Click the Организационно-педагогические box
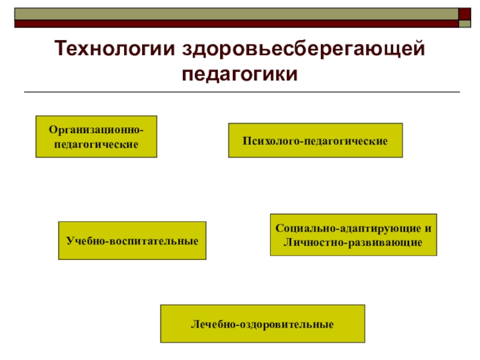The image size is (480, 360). [96, 137]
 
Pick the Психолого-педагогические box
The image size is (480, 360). [315, 140]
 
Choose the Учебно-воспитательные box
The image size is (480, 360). [132, 241]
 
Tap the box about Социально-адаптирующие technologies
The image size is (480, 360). [353, 235]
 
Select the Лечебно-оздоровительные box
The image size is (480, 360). [262, 324]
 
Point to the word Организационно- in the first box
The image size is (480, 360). [96, 130]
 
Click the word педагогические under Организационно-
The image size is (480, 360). [96, 145]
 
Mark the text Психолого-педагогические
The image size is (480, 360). [315, 140]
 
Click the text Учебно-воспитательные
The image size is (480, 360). [132, 241]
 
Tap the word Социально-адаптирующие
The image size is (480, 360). [347, 228]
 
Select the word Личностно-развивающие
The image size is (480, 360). [353, 242]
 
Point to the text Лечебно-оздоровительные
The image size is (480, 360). [262, 324]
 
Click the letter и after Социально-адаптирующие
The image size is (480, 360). [428, 228]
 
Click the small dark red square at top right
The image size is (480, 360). [465, 13]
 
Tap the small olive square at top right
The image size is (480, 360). [465, 23]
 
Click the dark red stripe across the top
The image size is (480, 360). [234, 24]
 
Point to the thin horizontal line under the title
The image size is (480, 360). [240, 92]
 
